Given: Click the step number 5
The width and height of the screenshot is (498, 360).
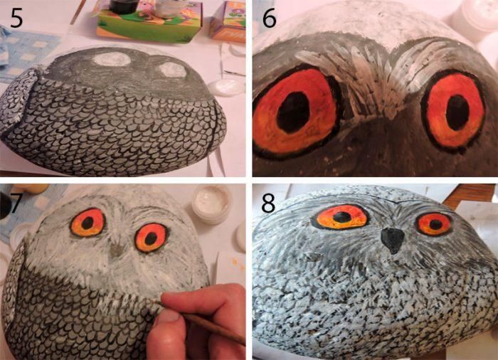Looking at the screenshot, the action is (x=16, y=18).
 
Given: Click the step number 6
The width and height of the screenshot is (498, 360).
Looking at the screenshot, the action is (x=269, y=18).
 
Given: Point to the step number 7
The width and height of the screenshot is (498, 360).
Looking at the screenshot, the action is (x=13, y=203).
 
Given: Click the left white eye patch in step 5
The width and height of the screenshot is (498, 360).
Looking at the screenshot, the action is (x=112, y=59).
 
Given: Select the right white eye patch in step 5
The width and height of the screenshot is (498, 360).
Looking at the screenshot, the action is (x=172, y=70).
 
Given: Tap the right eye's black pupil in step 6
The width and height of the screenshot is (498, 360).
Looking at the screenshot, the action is (x=457, y=112).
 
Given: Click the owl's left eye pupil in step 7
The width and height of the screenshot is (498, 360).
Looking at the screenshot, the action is (x=88, y=223).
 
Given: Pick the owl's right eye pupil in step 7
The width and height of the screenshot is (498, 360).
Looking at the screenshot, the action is (x=151, y=238).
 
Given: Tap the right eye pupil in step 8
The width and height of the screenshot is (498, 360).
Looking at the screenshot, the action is (x=435, y=225).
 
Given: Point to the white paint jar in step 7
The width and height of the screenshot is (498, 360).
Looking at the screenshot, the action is (x=212, y=204).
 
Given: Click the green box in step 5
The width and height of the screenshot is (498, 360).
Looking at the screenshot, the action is (x=149, y=23).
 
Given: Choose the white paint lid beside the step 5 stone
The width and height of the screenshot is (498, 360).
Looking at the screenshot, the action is (x=226, y=88).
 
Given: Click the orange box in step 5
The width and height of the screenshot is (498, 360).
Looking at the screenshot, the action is (x=229, y=22).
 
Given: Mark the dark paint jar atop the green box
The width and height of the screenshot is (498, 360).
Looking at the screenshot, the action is (x=124, y=6).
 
